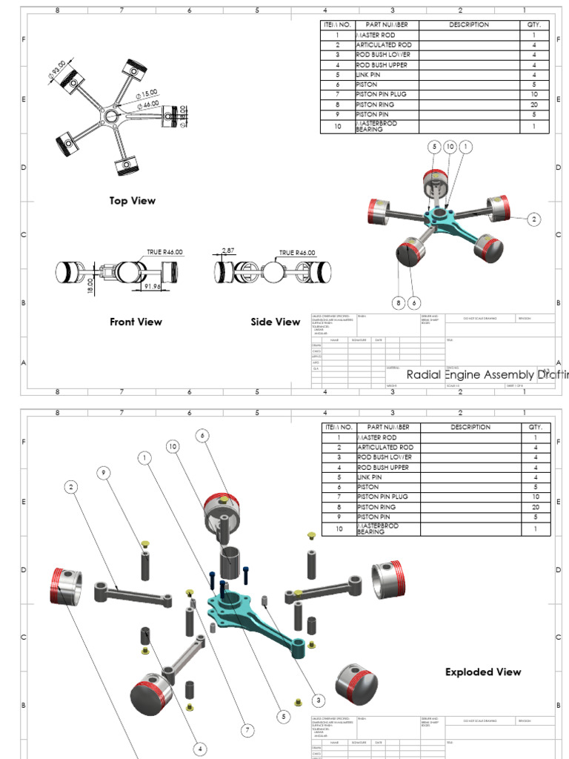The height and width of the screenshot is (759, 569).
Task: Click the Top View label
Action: [133, 201]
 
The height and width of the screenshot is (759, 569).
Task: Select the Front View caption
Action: [136, 322]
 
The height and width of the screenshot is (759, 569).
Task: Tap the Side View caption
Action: [275, 322]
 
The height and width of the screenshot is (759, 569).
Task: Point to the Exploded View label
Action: [483, 672]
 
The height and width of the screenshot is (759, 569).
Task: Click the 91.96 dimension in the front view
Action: [153, 286]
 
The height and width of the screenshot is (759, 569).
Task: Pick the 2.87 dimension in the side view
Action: [227, 251]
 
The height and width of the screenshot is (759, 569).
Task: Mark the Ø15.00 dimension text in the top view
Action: [147, 93]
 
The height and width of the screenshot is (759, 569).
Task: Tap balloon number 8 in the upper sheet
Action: [399, 302]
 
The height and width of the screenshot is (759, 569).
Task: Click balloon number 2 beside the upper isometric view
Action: [533, 219]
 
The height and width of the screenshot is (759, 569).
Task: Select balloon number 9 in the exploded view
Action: [104, 472]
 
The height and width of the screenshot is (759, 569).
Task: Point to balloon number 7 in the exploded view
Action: [248, 730]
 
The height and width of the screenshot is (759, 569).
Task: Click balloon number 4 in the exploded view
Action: [200, 749]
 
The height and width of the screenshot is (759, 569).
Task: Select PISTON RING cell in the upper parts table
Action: [375, 105]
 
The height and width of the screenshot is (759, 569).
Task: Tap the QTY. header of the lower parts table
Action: [534, 428]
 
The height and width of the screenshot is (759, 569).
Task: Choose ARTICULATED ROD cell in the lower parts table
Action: [385, 448]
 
